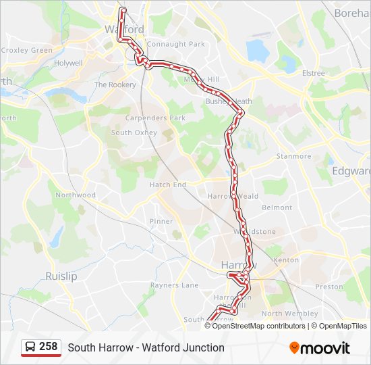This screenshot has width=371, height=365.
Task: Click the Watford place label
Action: pos(125,30)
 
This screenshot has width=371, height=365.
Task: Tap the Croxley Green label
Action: pos(26,50)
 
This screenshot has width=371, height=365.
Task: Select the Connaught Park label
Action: pos(175,45)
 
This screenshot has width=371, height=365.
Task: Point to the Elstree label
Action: pos(313,72)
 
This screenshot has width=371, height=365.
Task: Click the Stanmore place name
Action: pos(294,156)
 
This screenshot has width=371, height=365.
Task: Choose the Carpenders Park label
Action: pos(146,118)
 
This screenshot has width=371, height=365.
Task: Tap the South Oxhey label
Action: pos(134,132)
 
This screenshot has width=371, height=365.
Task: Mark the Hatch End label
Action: pos(167,185)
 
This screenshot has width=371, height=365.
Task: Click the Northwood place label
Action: pos(76,195)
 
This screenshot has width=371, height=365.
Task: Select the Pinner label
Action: pos(161,221)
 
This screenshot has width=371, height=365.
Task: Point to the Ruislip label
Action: pos(61,276)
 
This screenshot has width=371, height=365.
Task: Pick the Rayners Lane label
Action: pos(175,285)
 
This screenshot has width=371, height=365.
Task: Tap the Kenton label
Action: pos(286,260)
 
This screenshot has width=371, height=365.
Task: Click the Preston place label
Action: pos(329,287)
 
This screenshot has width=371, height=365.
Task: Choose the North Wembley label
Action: pos(289,314)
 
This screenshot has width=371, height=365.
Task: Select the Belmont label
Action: pos(277,208)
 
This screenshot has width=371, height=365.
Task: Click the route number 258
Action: pos(48,347)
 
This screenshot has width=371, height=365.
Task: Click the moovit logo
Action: pos(320,348)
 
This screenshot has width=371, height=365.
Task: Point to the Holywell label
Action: pos(68,63)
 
